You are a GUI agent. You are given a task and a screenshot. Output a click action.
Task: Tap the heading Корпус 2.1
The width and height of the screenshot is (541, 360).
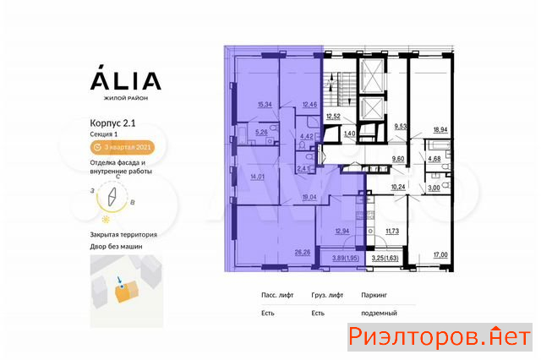click(x=112, y=123)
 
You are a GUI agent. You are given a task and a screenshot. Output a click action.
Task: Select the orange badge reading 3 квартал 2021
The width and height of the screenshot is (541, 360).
click(x=123, y=147)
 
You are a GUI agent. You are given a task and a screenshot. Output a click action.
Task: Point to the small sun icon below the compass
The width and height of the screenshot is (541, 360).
click(x=106, y=220)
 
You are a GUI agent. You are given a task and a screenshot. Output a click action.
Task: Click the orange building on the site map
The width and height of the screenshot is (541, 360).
click(x=127, y=292)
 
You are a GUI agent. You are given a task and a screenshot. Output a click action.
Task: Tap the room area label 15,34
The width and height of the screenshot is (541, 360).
click(x=265, y=105)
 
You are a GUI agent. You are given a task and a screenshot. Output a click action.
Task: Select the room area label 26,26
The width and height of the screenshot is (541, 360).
click(x=303, y=253)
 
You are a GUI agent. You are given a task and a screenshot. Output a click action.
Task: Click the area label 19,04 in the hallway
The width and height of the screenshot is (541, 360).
click(x=309, y=197)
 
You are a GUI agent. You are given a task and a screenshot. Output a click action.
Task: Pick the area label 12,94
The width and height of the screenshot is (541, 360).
click(x=342, y=231)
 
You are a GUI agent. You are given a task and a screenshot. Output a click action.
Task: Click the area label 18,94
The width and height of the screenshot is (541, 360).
click(x=440, y=129)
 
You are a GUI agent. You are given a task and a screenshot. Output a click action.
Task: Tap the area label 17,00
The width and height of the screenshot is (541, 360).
click(x=440, y=255)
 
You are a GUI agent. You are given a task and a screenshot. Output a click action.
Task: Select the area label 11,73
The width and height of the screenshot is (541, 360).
click(x=392, y=231)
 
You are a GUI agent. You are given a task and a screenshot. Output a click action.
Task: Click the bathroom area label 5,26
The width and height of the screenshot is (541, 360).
click(x=261, y=132)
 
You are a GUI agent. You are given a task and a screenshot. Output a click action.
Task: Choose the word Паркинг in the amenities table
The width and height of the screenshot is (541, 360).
click(x=374, y=295)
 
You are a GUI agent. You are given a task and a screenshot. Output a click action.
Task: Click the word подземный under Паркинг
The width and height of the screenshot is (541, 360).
click(x=379, y=314)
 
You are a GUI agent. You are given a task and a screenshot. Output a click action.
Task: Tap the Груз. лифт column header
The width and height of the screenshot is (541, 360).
click(x=327, y=295)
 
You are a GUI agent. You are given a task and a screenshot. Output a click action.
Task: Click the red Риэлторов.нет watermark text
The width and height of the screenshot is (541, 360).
click(x=440, y=337)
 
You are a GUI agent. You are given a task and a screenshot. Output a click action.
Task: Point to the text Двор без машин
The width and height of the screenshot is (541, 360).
click(x=116, y=247)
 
